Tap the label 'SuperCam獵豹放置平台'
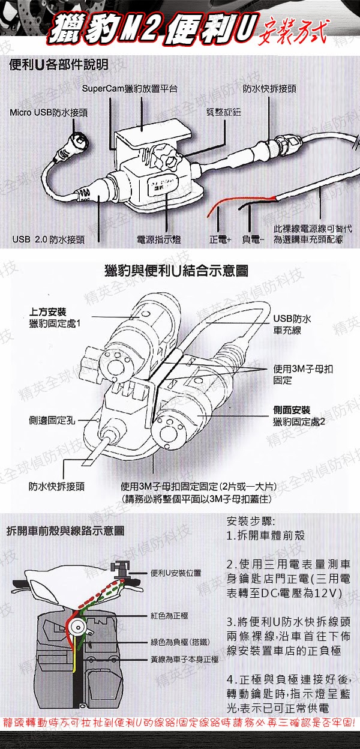(130, 89)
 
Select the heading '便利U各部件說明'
(58, 65)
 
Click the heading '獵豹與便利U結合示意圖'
(176, 271)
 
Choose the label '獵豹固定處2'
(298, 421)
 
